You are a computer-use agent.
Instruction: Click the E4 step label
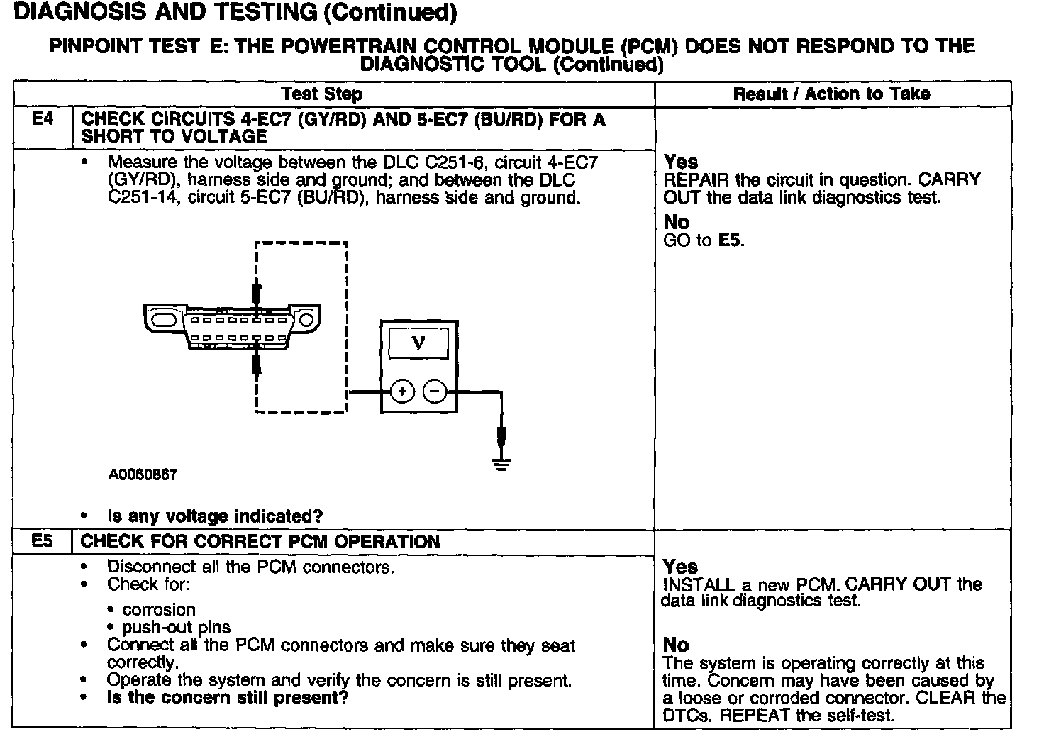point(43,119)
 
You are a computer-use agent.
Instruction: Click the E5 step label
point(43,542)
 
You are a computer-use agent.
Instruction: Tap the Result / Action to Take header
point(831,94)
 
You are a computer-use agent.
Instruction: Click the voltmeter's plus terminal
point(402,391)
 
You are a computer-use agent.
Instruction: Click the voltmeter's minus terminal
point(435,391)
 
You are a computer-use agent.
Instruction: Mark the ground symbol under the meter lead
point(501,465)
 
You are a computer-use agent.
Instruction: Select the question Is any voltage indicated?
point(215,516)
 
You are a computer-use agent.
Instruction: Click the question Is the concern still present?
point(228,697)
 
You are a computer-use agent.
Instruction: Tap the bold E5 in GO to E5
point(730,240)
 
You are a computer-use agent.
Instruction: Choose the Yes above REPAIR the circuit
point(681,162)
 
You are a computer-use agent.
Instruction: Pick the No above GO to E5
point(676,222)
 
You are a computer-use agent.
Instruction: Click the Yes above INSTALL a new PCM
point(680,567)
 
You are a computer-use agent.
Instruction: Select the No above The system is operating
point(675,645)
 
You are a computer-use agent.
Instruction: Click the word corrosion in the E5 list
point(158,610)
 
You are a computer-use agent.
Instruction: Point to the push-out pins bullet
point(176,628)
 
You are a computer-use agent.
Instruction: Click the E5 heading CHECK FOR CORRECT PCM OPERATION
point(260,542)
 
